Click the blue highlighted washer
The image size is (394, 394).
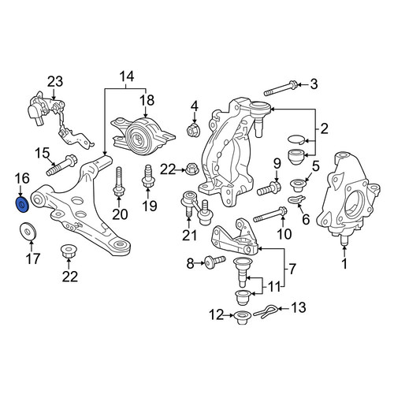[x=22, y=204]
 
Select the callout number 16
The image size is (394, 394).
[x=22, y=178]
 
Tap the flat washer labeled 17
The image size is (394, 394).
[x=28, y=231]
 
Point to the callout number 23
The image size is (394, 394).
[x=55, y=81]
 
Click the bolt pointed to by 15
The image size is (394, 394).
[x=61, y=165]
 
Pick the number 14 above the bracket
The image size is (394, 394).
[x=127, y=76]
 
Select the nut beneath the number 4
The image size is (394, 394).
[x=194, y=129]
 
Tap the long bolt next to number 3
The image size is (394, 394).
[x=281, y=89]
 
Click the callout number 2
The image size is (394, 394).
[x=324, y=128]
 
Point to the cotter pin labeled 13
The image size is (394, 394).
[x=265, y=312]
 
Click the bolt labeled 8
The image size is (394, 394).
[x=215, y=262]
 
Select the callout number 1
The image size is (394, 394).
[x=344, y=263]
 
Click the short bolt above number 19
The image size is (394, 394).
[x=148, y=176]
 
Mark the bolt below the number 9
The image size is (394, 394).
[x=269, y=188]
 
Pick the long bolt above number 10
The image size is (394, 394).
[x=270, y=214]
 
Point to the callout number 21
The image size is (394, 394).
[x=189, y=235]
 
